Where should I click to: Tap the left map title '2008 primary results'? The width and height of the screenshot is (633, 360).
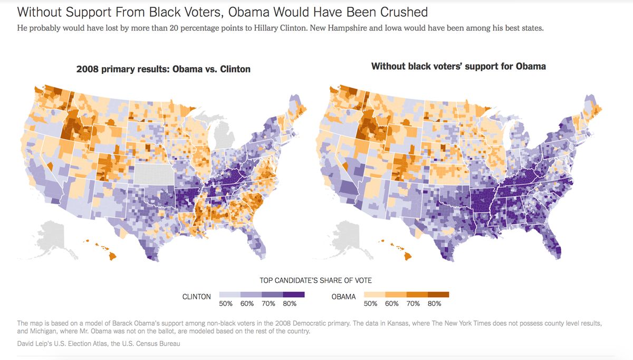click(163, 69)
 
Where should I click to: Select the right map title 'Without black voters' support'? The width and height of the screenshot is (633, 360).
click(458, 67)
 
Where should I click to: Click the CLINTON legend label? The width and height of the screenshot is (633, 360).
click(197, 297)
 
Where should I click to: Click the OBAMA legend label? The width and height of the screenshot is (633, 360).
click(343, 297)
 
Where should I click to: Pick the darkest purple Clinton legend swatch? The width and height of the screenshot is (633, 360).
click(294, 295)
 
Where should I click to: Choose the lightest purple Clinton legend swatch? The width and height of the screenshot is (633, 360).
click(229, 295)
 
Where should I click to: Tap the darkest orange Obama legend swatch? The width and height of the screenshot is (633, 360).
click(438, 295)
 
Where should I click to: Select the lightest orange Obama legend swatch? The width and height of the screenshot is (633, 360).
click(375, 295)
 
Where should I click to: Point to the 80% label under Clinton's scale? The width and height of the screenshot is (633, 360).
click(290, 304)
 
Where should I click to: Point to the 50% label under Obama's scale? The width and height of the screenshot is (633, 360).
click(371, 304)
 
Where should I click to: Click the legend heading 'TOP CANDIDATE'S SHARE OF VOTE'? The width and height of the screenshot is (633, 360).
click(315, 280)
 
